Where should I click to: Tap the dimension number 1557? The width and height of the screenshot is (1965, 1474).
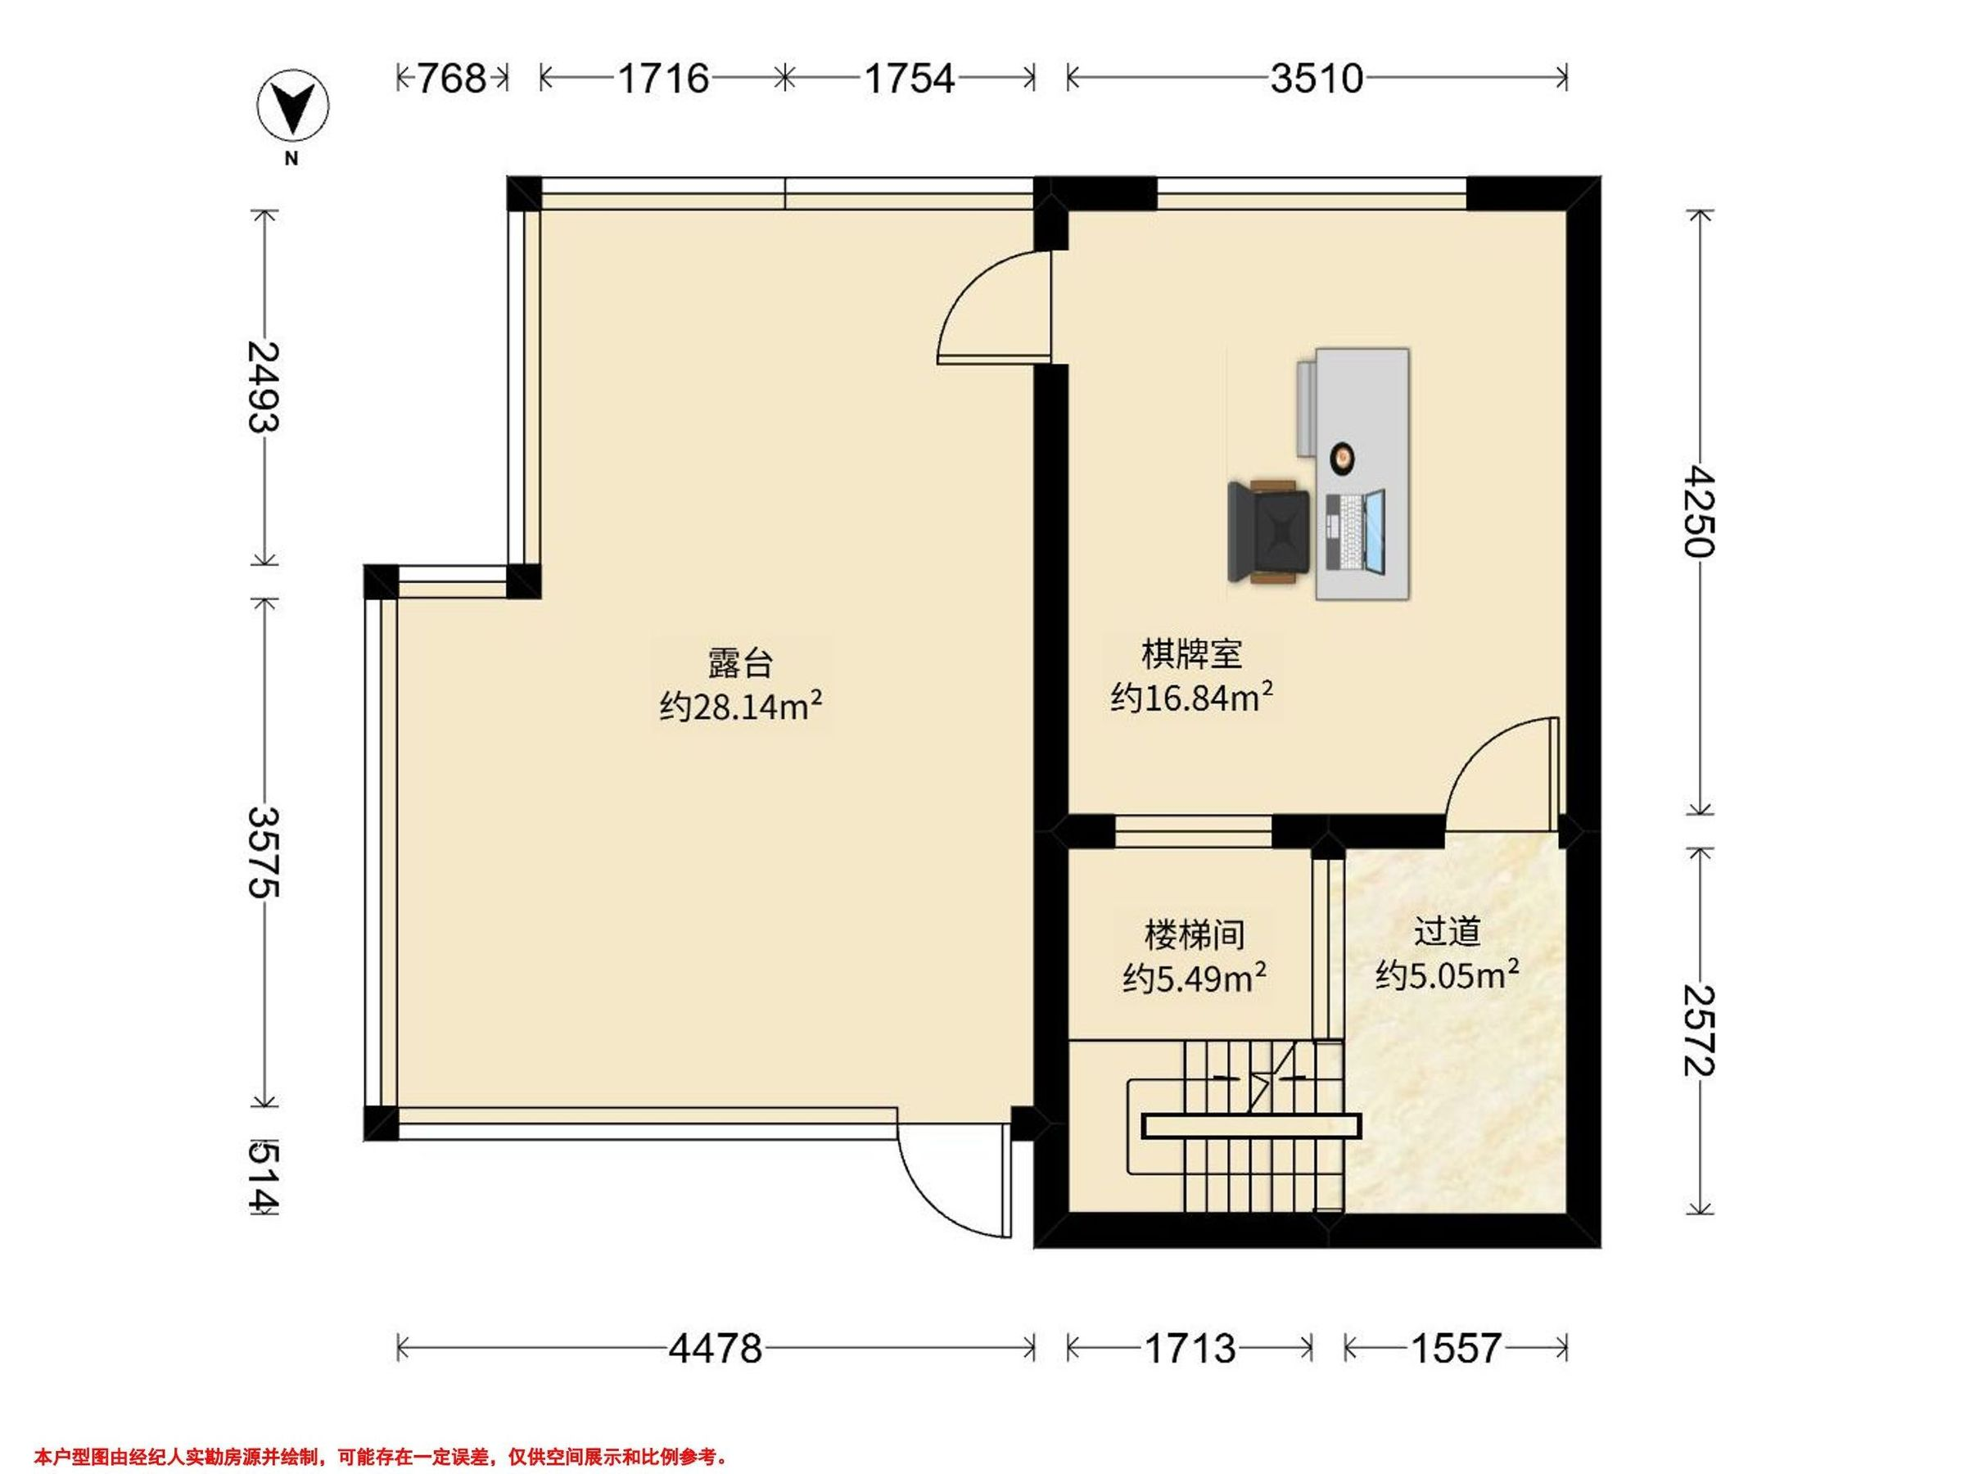[1456, 1349]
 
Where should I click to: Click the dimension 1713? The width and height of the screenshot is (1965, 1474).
[1190, 1349]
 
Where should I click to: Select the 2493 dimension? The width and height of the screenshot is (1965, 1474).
[263, 387]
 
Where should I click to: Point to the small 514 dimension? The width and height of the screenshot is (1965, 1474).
[263, 1178]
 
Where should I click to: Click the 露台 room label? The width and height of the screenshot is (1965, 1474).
[740, 662]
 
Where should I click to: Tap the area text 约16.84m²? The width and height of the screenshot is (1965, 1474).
[1191, 698]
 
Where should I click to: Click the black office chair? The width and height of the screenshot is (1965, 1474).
[1268, 531]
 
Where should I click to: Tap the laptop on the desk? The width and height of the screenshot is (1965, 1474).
[1356, 531]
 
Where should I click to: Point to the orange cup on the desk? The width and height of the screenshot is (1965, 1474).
[1341, 457]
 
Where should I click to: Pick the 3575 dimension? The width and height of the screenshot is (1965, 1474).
[263, 851]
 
